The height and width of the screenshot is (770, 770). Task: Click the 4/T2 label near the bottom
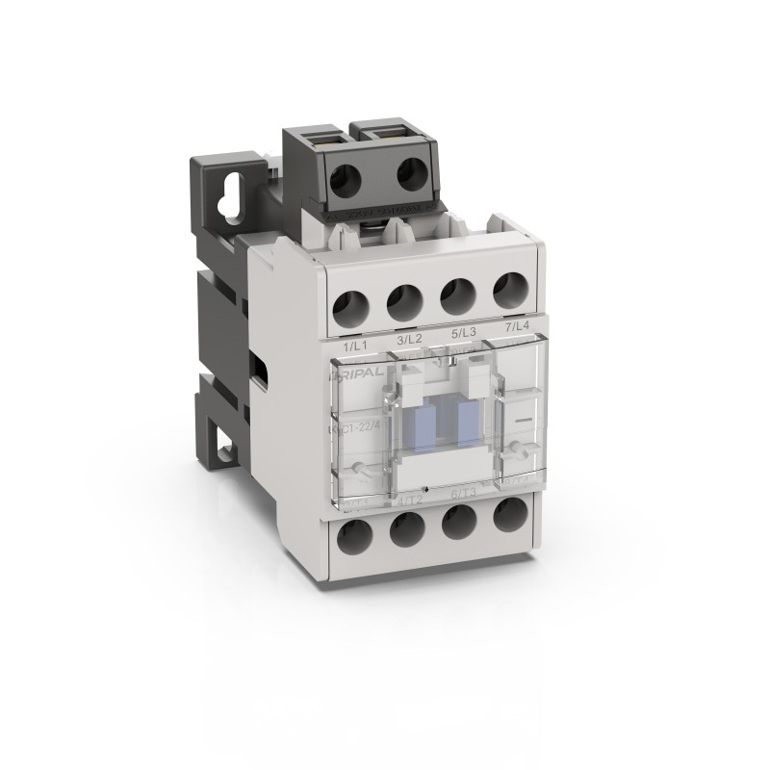[410, 500]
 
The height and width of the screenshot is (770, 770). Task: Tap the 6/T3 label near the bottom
[462, 495]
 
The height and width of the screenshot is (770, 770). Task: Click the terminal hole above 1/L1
[350, 307]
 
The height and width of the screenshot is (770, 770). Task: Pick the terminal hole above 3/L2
[404, 301]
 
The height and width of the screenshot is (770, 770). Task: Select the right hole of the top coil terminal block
[413, 175]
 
